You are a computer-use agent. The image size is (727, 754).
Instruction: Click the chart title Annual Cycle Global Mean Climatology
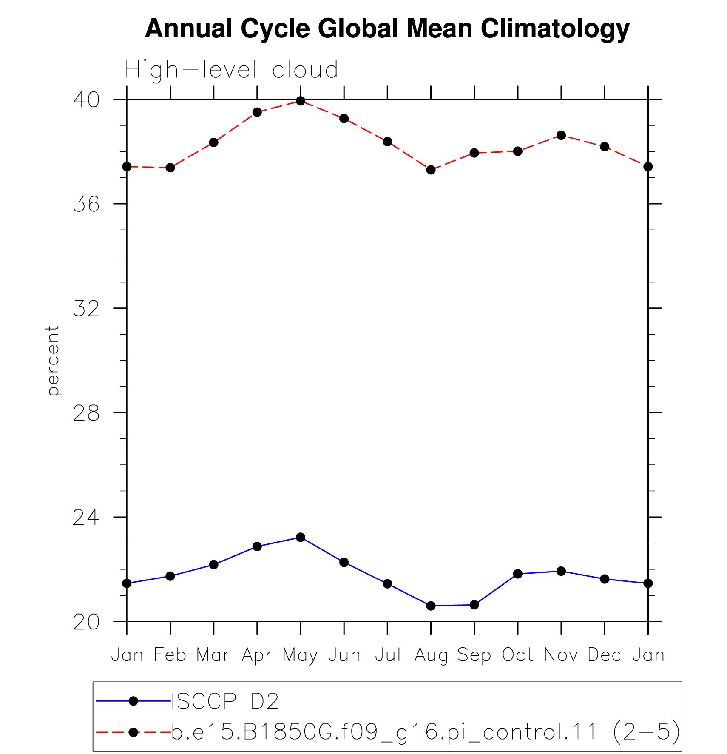[387, 29]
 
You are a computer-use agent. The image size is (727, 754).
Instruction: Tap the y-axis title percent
[53, 361]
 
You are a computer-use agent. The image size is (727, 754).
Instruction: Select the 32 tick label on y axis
[86, 308]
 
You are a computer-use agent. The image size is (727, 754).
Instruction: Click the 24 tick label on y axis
[86, 517]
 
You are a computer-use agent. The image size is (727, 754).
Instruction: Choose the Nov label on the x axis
[561, 655]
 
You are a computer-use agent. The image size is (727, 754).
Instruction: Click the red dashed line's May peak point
[301, 101]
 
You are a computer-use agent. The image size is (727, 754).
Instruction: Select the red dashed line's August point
[431, 170]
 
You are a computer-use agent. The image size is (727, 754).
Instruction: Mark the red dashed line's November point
[561, 135]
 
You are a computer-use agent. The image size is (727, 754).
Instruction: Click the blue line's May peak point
[301, 538]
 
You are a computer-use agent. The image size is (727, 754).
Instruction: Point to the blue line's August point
[431, 606]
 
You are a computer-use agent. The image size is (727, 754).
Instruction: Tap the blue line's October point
[518, 574]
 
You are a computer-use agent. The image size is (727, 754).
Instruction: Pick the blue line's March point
[213, 565]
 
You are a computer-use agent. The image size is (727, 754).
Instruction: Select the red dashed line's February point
[170, 168]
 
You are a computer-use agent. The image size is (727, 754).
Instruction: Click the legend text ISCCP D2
[225, 701]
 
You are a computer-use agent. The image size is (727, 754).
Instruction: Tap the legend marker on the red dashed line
[133, 732]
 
